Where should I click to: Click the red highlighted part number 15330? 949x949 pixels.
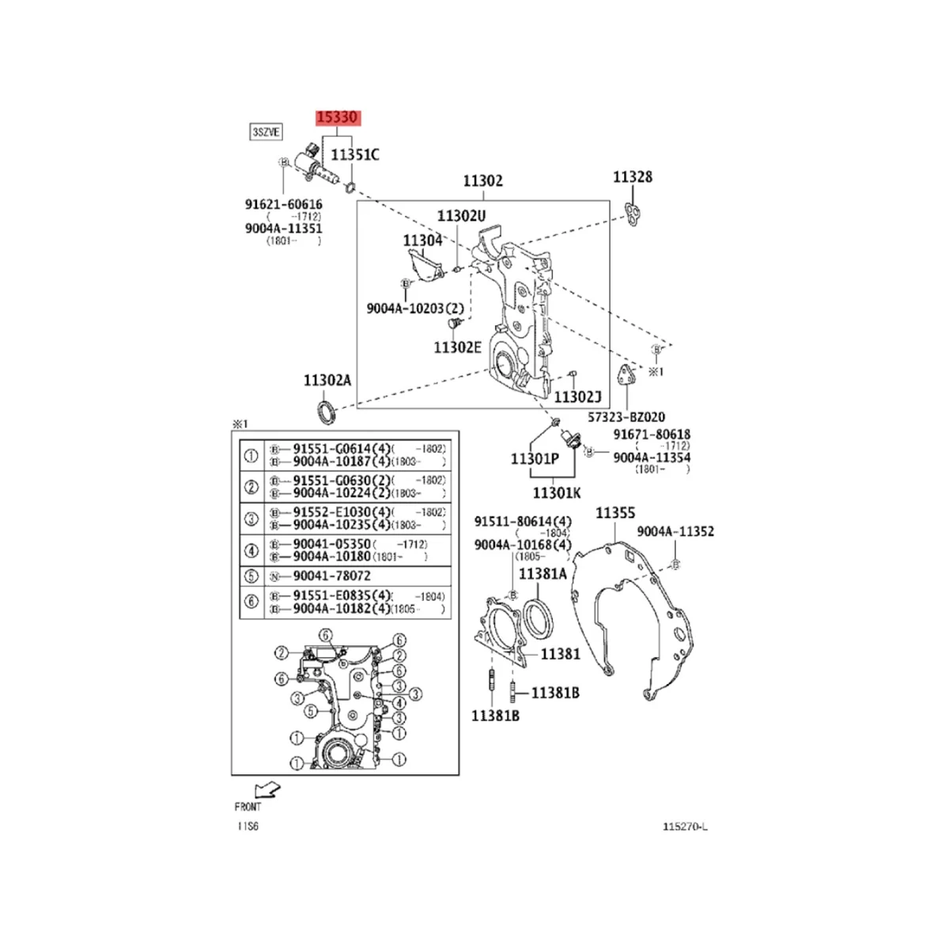338,118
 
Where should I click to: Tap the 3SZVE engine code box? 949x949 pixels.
266,132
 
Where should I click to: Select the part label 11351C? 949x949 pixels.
354,155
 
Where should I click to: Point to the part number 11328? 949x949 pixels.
633,177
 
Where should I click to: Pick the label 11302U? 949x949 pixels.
462,215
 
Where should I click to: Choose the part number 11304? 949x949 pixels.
422,240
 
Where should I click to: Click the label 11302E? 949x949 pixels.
457,346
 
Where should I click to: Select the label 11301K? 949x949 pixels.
557,493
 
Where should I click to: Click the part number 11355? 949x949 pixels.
614,513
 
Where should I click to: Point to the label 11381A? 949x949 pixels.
543,574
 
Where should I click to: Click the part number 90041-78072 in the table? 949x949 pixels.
331,576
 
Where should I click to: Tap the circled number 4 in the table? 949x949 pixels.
251,550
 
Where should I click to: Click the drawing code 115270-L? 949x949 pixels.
685,827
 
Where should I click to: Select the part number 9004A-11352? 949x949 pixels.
675,531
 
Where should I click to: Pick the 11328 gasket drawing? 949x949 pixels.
633,212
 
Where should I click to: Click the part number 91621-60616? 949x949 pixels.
283,204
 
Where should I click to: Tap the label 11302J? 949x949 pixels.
577,397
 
